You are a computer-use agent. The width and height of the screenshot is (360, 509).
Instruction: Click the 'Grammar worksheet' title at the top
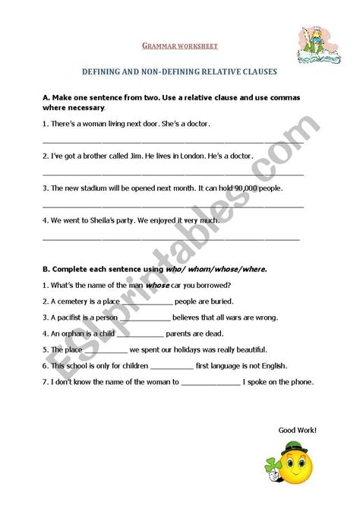point(181,46)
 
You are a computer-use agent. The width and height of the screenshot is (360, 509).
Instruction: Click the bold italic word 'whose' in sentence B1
point(157,285)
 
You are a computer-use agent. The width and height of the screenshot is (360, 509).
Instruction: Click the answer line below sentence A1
point(173,141)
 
